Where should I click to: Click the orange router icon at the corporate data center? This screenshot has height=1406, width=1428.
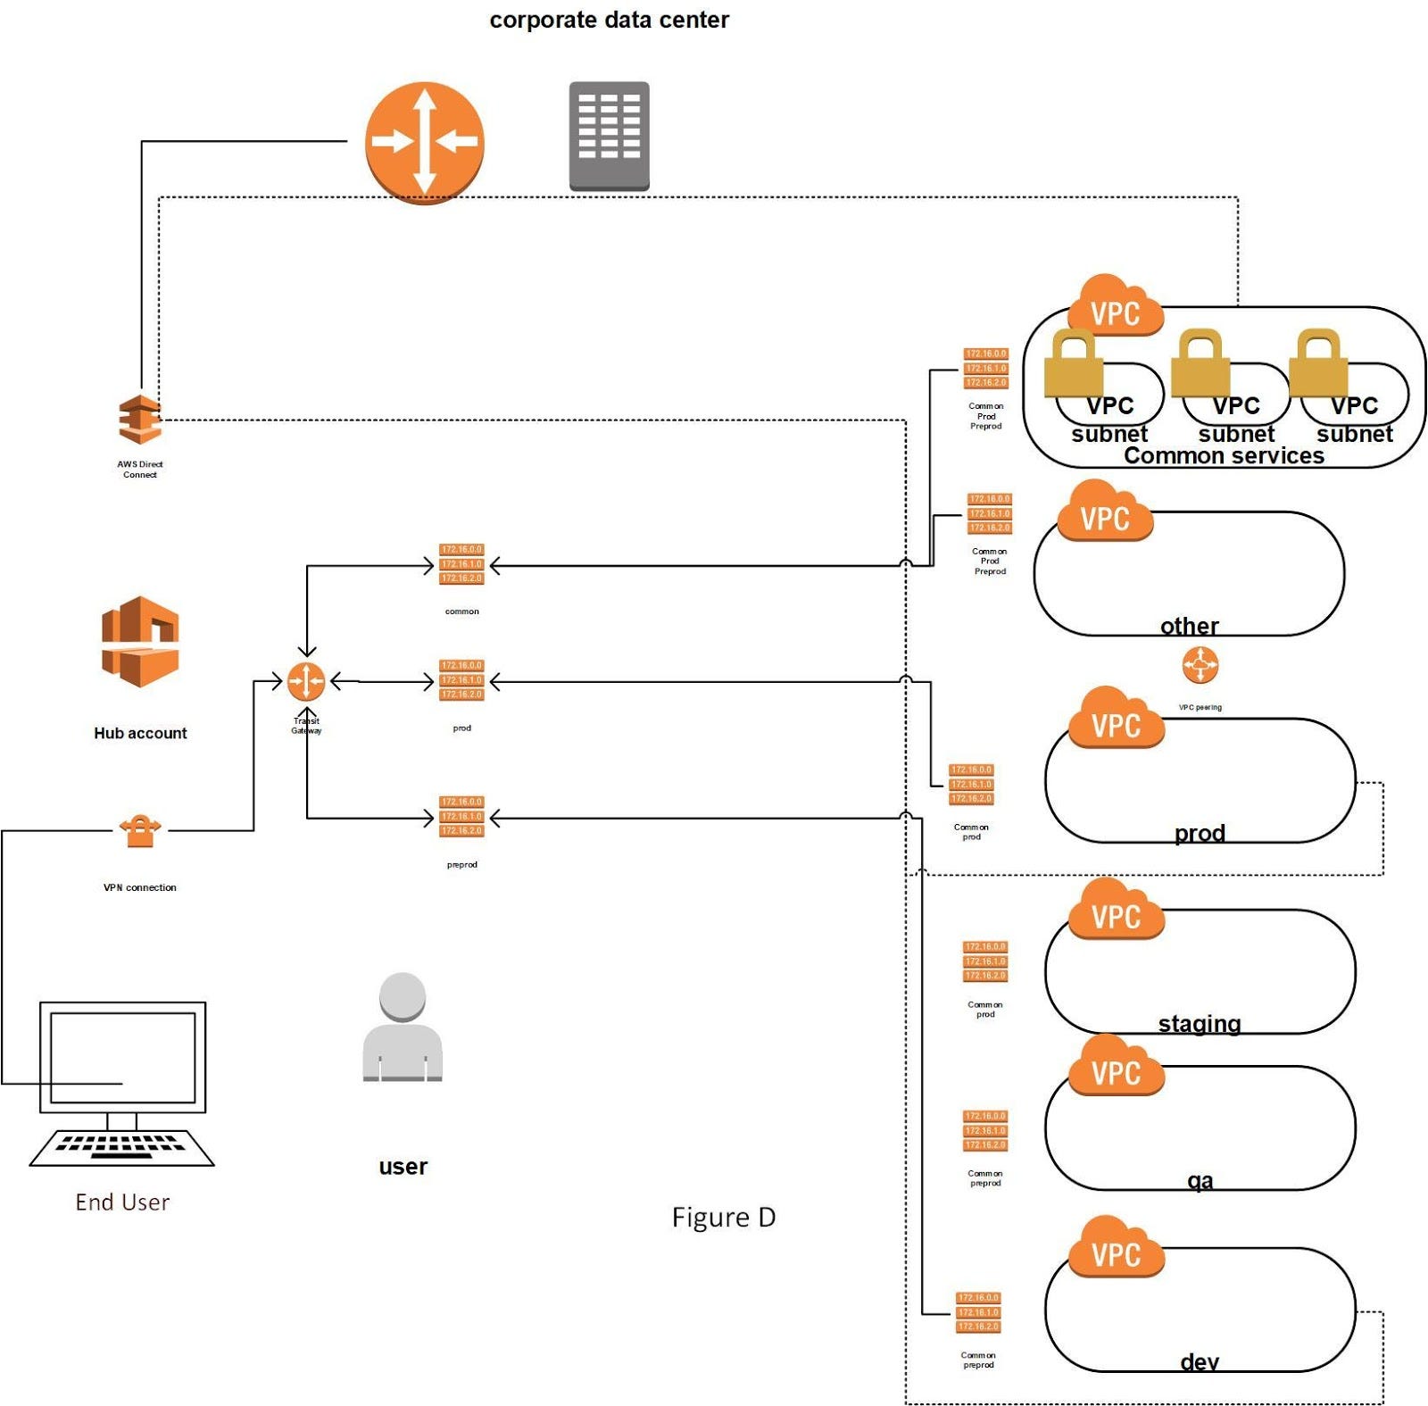pos(424,142)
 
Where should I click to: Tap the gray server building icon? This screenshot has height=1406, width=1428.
pos(609,136)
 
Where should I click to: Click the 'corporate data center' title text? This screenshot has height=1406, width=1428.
pos(609,20)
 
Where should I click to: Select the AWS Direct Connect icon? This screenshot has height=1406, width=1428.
pos(140,419)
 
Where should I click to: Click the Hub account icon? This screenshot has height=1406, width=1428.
pos(140,642)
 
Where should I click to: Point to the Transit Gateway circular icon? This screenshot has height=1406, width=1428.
pos(306,682)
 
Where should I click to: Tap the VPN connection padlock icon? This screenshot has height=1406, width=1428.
pos(140,831)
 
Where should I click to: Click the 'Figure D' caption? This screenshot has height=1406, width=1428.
pos(723,1217)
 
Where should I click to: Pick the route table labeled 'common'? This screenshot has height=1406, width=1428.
pos(461,564)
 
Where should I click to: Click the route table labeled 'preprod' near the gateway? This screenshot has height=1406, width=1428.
pos(461,817)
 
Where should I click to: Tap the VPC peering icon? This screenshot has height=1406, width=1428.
pos(1200,665)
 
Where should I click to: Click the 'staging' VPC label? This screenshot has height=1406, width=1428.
pos(1199,1023)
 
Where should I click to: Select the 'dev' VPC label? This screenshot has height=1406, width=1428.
pos(1199,1361)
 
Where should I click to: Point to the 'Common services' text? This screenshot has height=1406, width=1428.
pos(1223,455)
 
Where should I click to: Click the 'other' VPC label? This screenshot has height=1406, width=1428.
pos(1189,625)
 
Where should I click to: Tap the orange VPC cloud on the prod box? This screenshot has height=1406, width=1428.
pos(1116,720)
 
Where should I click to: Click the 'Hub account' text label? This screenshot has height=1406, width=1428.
pos(140,733)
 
